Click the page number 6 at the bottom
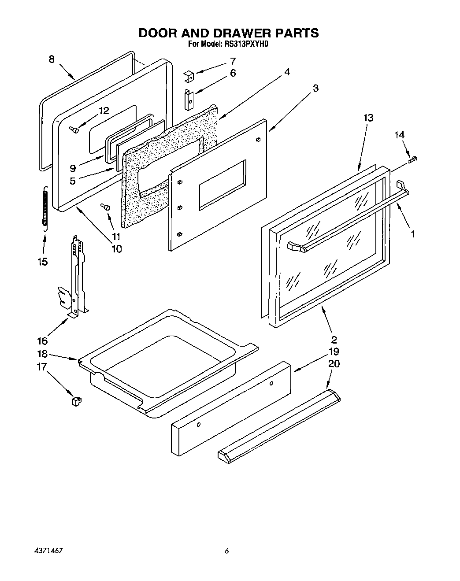226,551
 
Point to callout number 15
42,262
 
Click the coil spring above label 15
44,207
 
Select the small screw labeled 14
413,160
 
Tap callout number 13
368,118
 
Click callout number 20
334,364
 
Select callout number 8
52,59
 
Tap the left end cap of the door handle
296,248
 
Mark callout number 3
315,88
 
